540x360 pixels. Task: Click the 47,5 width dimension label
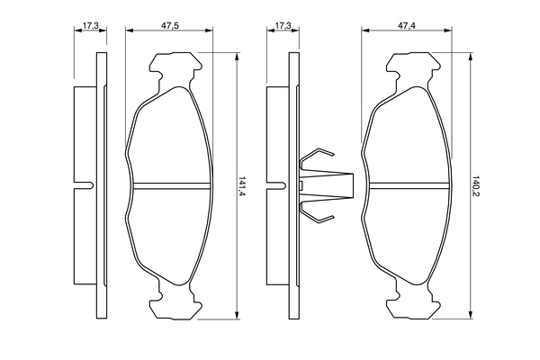click(x=170, y=25)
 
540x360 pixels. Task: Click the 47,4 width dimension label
click(x=407, y=25)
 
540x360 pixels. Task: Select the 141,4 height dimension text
click(x=242, y=186)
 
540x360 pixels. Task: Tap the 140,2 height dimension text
click(x=477, y=185)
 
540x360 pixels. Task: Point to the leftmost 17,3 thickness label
click(x=91, y=25)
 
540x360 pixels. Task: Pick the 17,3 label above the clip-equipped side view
click(x=283, y=25)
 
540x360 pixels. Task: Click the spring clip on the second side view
click(x=327, y=185)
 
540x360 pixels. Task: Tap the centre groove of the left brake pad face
click(x=172, y=185)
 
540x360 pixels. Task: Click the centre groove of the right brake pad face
click(x=409, y=185)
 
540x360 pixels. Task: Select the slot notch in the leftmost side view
click(x=84, y=185)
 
